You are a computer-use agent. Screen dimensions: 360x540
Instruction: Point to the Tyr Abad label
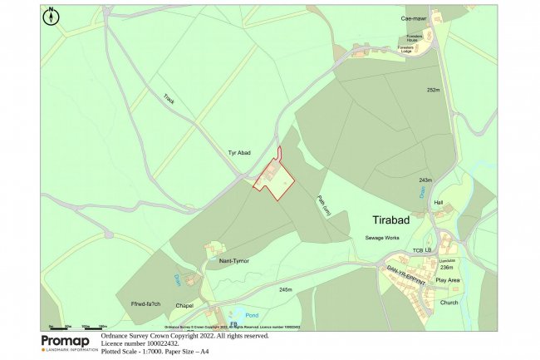[x=239, y=153]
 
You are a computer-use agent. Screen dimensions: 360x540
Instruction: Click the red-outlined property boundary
[x=274, y=177]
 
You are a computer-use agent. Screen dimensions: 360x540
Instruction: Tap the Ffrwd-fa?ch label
[x=145, y=303]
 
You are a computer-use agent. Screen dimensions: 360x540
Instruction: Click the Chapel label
[x=184, y=306]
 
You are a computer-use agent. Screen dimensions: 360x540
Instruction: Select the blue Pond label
[x=253, y=315]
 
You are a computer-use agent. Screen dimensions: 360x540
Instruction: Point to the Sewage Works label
[x=382, y=238]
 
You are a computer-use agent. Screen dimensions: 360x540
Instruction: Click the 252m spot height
[x=432, y=90]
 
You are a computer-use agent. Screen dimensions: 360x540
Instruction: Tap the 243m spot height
[x=425, y=180]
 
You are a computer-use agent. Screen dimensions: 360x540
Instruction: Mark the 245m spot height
[x=286, y=289]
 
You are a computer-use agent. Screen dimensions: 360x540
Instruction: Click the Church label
[x=449, y=303]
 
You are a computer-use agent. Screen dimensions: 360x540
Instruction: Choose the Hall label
[x=439, y=203]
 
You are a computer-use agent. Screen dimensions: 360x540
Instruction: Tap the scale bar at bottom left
[x=78, y=327]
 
